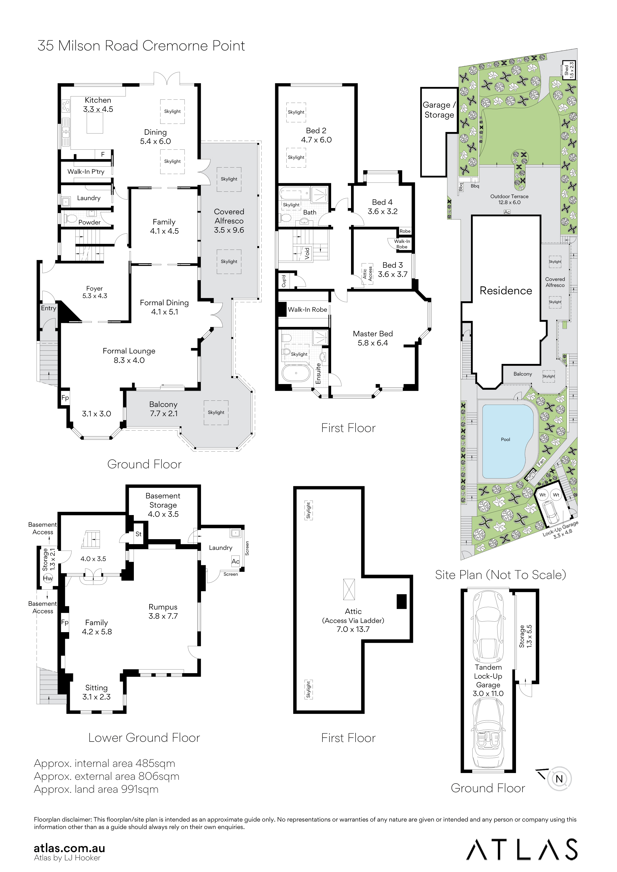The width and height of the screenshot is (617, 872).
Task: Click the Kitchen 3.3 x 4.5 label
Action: pyautogui.click(x=98, y=104)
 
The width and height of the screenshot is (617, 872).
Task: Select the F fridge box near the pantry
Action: pyautogui.click(x=103, y=154)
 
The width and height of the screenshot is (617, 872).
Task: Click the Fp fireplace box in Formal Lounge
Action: pyautogui.click(x=65, y=398)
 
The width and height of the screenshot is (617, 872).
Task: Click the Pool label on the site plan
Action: pyautogui.click(x=505, y=439)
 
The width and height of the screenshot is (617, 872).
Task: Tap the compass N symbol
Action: pyautogui.click(x=559, y=779)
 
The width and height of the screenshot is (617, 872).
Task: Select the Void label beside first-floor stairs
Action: pyautogui.click(x=307, y=253)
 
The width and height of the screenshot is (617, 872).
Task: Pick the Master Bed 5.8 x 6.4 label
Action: pyautogui.click(x=372, y=338)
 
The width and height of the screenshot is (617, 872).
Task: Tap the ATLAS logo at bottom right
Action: pyautogui.click(x=521, y=850)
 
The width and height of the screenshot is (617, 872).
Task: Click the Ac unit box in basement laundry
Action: pyautogui.click(x=235, y=561)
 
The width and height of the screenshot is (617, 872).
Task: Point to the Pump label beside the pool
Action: pyautogui.click(x=530, y=474)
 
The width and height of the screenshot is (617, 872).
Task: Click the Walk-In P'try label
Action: pyautogui.click(x=86, y=172)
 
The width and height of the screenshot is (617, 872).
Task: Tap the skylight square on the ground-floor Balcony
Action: pyautogui.click(x=216, y=412)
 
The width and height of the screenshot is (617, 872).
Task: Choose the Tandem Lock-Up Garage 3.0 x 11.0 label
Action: pyautogui.click(x=488, y=680)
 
